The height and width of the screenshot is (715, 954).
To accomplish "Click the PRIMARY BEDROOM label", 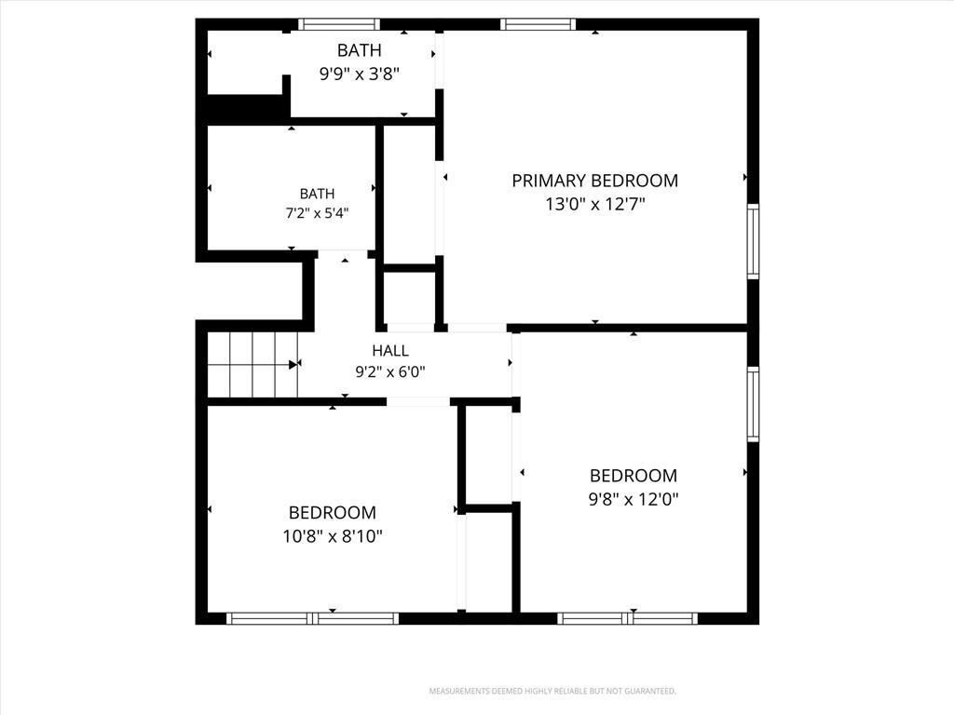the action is tap(594, 181).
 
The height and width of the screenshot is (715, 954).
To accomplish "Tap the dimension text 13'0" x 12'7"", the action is tap(594, 204).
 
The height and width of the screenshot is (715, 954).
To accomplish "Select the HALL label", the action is tap(390, 350).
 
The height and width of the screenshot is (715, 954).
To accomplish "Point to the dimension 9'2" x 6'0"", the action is tap(390, 371).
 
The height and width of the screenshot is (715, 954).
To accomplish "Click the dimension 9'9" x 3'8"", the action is tap(359, 74).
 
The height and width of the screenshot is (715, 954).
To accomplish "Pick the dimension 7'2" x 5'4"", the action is tap(317, 213).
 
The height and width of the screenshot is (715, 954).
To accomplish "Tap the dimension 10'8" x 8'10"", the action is tap(333, 536).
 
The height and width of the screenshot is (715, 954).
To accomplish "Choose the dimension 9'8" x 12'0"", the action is tap(634, 499).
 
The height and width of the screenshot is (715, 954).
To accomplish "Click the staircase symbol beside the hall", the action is tap(252, 364).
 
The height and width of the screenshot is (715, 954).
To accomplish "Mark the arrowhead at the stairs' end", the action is tap(293, 364).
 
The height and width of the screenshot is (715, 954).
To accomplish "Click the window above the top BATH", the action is tap(339, 24).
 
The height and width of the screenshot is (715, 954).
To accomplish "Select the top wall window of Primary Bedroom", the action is tap(538, 24).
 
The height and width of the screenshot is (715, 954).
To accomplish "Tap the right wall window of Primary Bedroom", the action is tap(753, 241).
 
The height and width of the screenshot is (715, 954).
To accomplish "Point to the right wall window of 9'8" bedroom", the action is tap(753, 404).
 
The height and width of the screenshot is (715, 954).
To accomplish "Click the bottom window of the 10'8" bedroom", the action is tap(313, 618).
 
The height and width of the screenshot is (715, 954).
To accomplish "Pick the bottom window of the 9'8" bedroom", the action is tap(627, 618).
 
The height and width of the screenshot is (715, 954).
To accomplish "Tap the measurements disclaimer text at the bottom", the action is tap(552, 692).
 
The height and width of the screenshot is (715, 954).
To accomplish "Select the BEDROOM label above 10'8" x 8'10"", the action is tap(333, 513).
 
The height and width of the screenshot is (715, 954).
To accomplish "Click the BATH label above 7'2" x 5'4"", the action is tap(317, 194).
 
